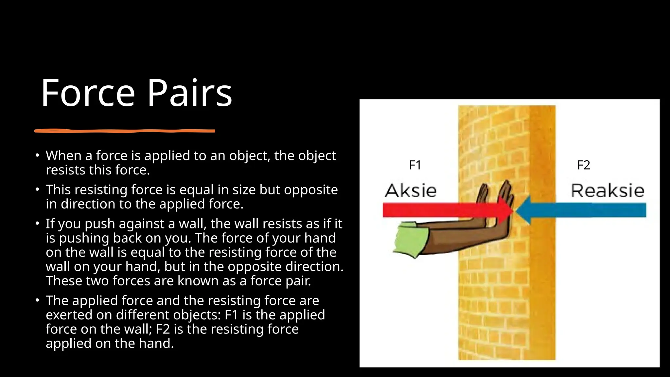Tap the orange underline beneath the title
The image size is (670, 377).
click(125, 131)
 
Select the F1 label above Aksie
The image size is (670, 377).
click(415, 165)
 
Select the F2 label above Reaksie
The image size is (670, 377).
click(583, 165)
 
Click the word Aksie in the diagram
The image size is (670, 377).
click(411, 191)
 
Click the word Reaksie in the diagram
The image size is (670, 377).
click(608, 191)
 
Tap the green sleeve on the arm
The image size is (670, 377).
click(409, 239)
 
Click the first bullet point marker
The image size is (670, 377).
click(38, 155)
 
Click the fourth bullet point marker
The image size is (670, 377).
click(38, 300)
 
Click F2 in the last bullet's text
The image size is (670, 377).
click(163, 329)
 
